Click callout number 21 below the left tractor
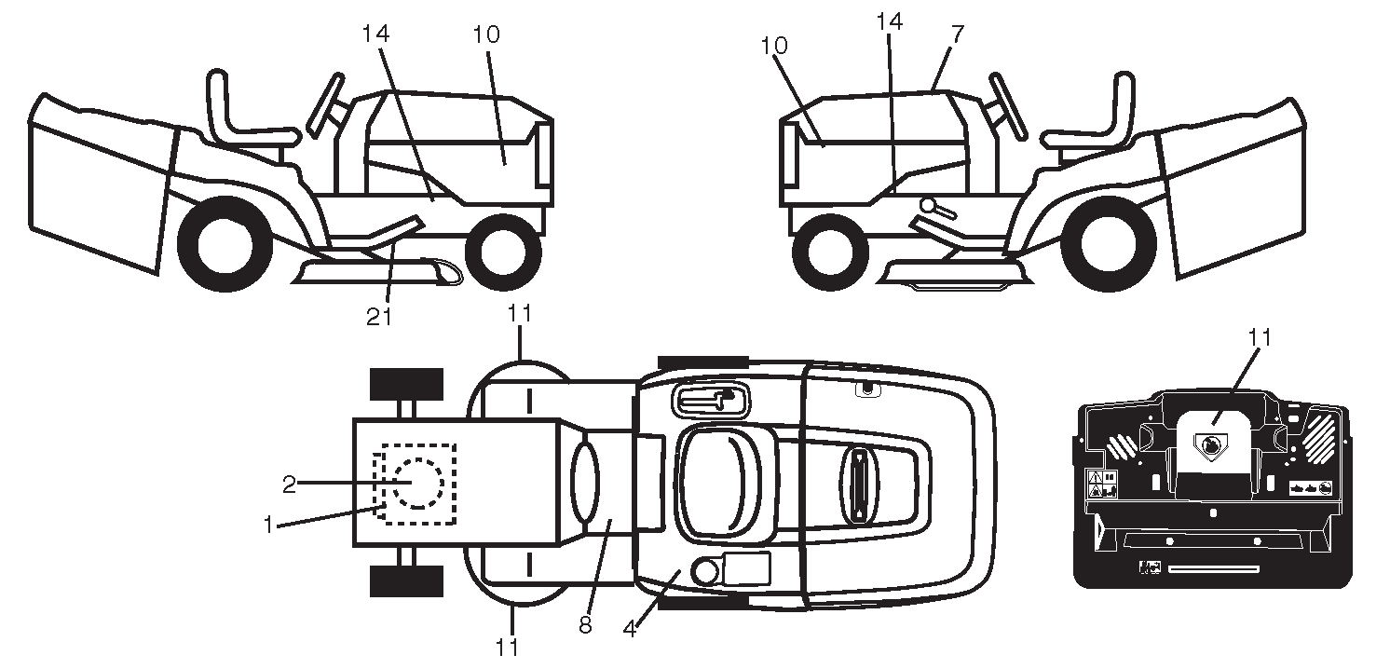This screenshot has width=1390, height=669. tap(378, 317)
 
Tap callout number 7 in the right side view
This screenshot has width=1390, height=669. tap(958, 34)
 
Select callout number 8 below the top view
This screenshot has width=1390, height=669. tap(584, 625)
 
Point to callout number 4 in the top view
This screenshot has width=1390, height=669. tap(629, 630)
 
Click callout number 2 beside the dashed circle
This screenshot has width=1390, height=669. tap(289, 485)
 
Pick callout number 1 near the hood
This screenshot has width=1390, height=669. tap(267, 525)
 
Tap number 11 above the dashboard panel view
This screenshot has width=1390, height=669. tap(1259, 337)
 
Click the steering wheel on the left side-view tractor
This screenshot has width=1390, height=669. tap(325, 104)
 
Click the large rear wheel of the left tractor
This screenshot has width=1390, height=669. tap(225, 244)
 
